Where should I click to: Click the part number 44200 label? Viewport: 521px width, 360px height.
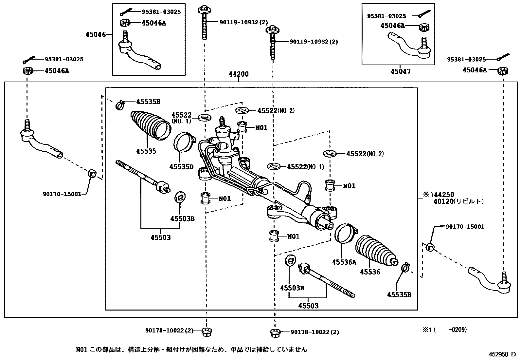tap(238, 74)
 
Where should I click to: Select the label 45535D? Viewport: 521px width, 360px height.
tap(181, 167)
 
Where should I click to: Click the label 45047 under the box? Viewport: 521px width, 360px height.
tap(401, 71)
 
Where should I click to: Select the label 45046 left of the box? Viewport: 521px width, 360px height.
tap(96, 34)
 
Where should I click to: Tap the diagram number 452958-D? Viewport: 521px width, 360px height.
tap(502, 354)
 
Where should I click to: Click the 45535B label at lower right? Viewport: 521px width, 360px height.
tap(399, 294)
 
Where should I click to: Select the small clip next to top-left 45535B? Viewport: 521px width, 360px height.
tap(120, 104)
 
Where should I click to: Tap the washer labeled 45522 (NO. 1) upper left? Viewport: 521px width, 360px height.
tap(205, 117)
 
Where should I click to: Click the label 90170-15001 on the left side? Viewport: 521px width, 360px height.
tap(62, 194)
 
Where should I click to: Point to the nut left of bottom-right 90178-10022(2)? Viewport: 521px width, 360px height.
tap(275, 332)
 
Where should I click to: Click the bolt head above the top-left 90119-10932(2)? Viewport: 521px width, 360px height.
tap(204, 9)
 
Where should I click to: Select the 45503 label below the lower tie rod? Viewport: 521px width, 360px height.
tap(308, 306)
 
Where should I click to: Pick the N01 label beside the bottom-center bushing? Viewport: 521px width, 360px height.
tap(293, 237)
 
